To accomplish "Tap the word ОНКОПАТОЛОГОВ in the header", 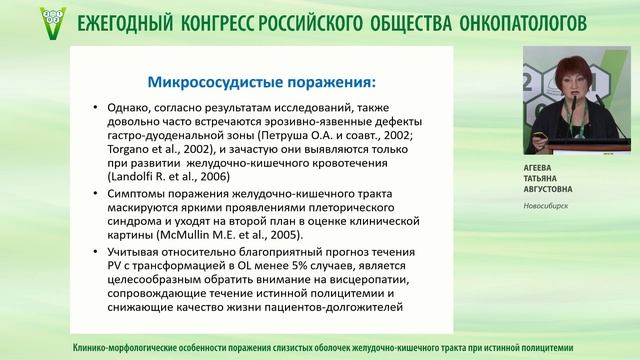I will (x=552, y=21).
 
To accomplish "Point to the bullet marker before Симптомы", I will (x=94, y=191).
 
